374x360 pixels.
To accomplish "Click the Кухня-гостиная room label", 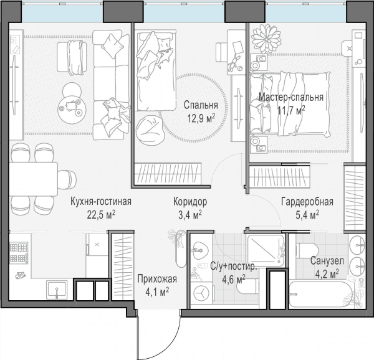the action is [x=101, y=202].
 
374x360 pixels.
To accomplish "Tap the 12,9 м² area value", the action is [x=201, y=118].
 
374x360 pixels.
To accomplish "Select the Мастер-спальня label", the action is [x=291, y=97].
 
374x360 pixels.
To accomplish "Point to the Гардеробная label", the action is [x=307, y=202].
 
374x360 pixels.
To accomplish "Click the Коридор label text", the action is [x=190, y=202].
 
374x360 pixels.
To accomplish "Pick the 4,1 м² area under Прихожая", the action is [x=158, y=291].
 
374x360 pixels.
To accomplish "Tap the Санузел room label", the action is [x=327, y=261].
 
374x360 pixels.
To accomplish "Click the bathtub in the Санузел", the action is [x=320, y=295].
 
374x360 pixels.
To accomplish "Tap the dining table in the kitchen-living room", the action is [x=34, y=179].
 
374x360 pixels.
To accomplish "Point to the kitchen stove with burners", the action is [x=19, y=252].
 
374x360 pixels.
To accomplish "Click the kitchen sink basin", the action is [x=57, y=289].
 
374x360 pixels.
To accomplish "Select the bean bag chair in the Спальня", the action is [x=150, y=130].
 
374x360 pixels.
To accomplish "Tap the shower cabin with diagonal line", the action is [x=266, y=250].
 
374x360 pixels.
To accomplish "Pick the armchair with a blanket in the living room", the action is [x=72, y=58].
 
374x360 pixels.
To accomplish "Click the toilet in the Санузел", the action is [x=307, y=250].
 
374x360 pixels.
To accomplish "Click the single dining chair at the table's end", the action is [x=67, y=179].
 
